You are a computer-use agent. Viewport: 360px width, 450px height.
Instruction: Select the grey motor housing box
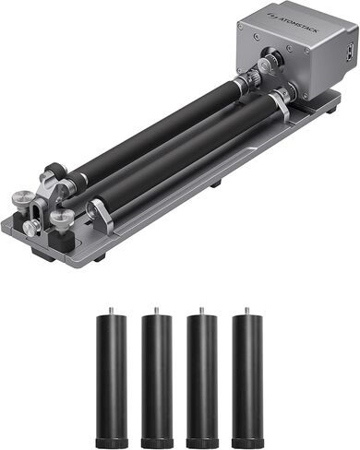click(x=295, y=51)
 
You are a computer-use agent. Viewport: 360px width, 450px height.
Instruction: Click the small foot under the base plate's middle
click(x=214, y=184)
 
